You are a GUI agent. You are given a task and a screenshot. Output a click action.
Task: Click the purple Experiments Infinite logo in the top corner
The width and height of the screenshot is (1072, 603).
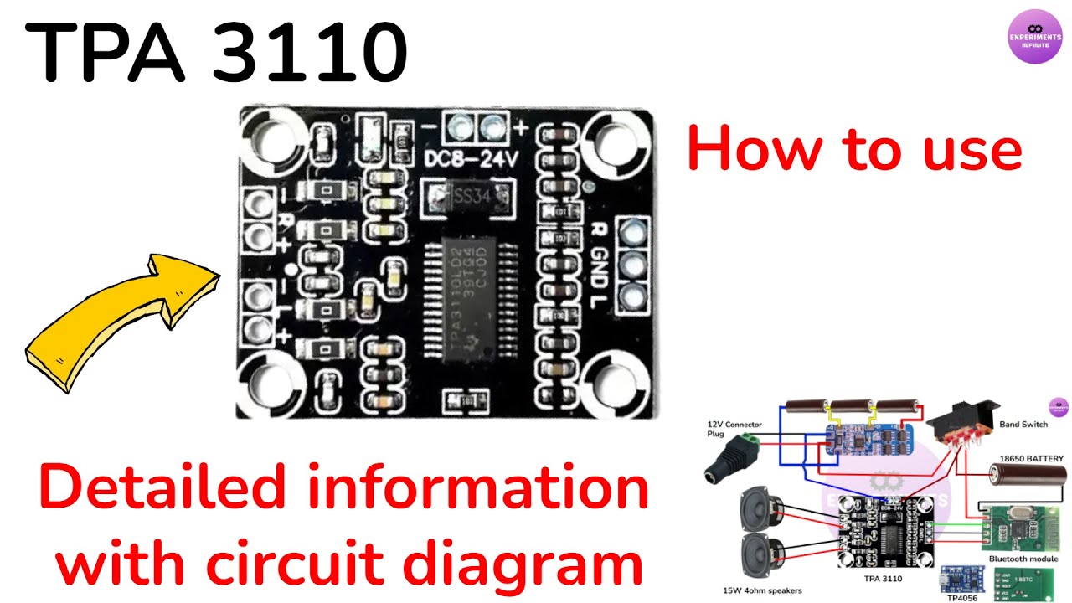(1034, 36)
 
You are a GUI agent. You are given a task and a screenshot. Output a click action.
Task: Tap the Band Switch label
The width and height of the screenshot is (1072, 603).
(1023, 425)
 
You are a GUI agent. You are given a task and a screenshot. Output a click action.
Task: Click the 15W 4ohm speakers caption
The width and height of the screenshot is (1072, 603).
(762, 590)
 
